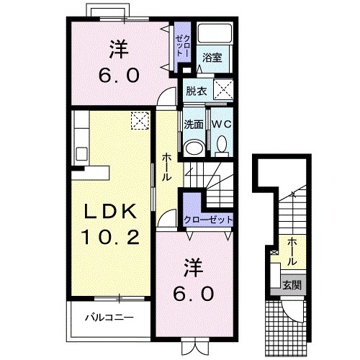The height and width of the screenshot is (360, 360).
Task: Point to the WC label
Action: click(x=220, y=124)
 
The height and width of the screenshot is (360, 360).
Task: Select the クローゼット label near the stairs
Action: click(x=209, y=220)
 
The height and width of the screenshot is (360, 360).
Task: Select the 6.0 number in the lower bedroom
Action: click(x=193, y=294)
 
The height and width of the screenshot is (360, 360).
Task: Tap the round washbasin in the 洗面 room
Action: click(x=193, y=147)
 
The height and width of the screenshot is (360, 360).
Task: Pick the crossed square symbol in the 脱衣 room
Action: click(x=224, y=91)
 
